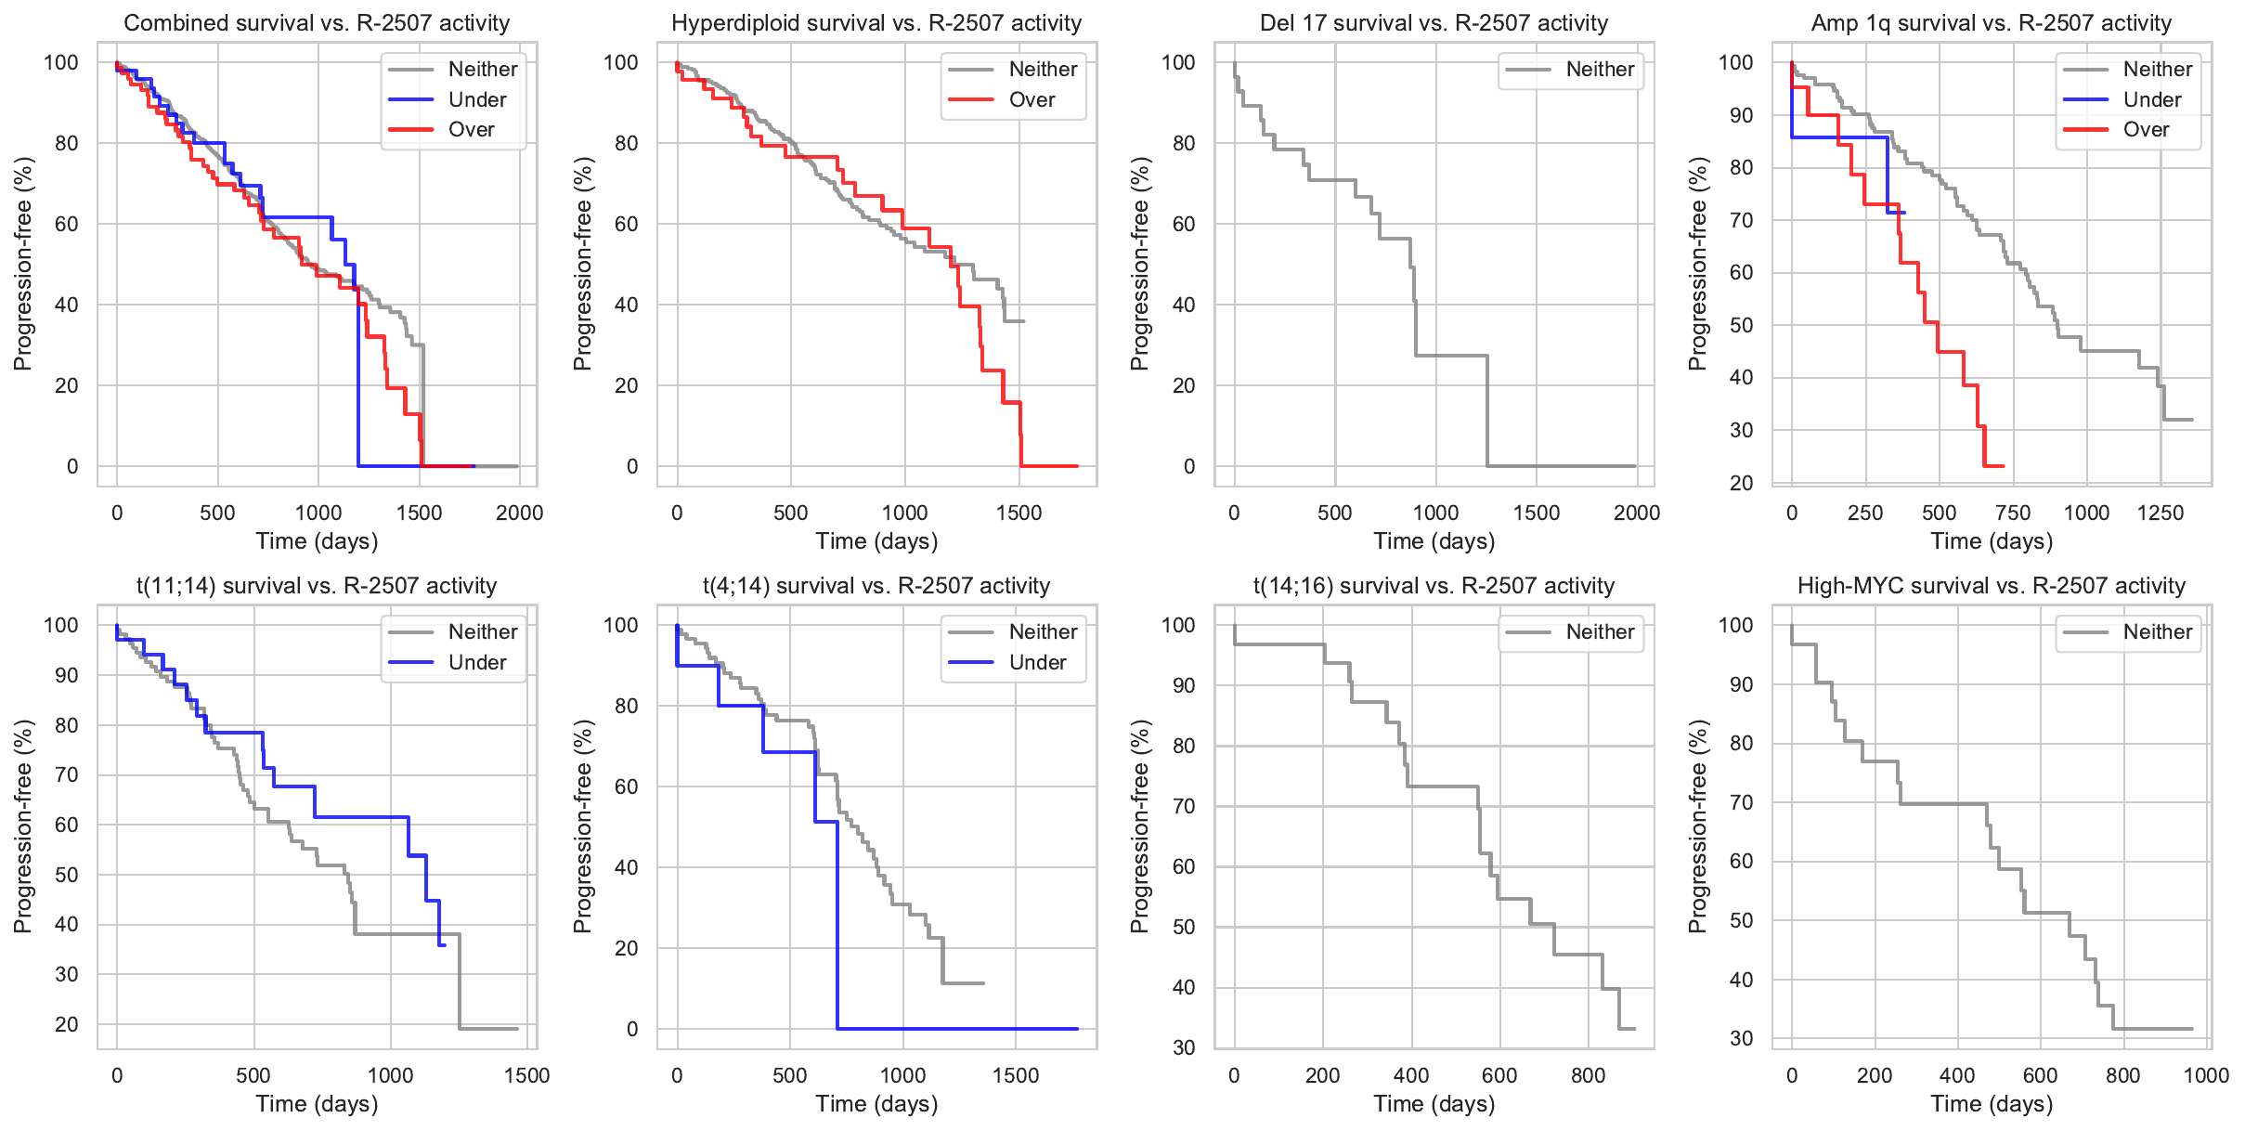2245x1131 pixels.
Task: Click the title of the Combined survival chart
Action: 317,23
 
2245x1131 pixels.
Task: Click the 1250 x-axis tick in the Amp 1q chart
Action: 2160,513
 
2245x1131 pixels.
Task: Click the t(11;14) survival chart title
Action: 317,586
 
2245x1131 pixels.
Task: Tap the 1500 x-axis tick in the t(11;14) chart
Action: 526,1075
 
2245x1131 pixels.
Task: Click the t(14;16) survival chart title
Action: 1434,586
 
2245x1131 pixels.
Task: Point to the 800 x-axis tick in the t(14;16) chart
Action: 1588,1075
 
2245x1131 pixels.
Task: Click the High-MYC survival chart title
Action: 1992,586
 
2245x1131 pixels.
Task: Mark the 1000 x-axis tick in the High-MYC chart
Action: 2206,1075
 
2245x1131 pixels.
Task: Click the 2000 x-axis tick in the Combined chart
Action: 519,513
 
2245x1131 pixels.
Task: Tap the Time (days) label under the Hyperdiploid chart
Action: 876,541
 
